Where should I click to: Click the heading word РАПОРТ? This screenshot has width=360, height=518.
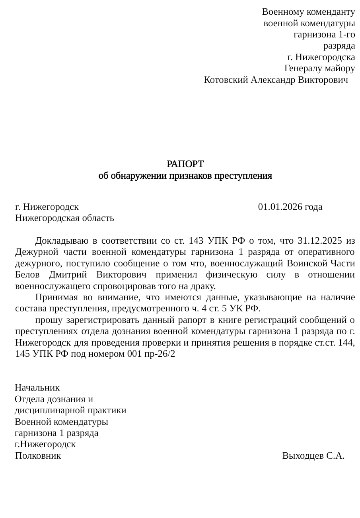click(185, 164)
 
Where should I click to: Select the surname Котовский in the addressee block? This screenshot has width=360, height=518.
click(226, 80)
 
